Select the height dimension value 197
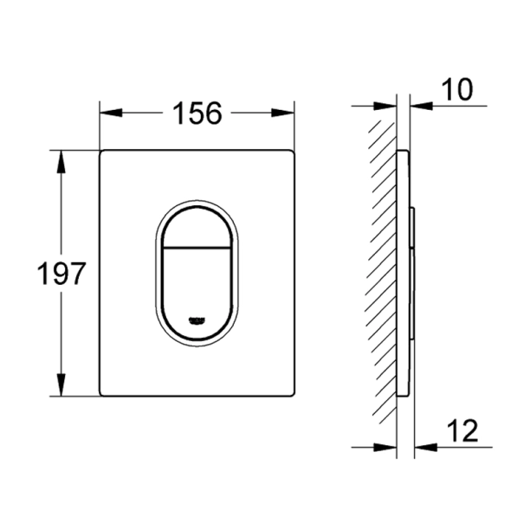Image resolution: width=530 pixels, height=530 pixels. tap(61, 274)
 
